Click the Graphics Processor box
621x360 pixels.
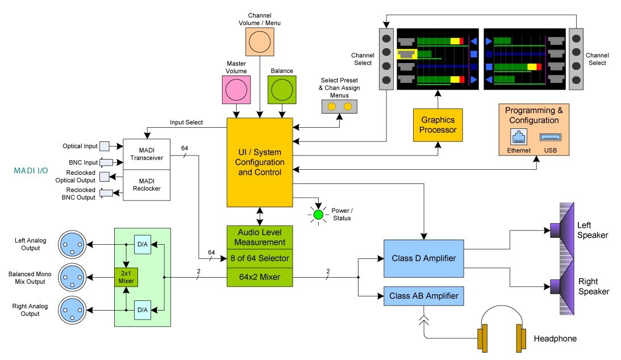pos(437,125)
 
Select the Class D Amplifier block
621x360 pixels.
pos(424,258)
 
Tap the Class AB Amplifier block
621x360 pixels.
pos(424,296)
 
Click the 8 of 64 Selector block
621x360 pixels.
pos(260,258)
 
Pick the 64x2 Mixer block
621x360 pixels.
pos(260,277)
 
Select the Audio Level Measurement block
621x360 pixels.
pos(260,237)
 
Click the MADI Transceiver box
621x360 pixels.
pos(147,154)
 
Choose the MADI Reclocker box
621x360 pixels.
pos(147,185)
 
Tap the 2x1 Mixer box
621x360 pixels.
pos(126,277)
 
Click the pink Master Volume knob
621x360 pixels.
pos(236,90)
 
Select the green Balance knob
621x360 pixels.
pos(282,90)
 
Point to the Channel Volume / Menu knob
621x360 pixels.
pos(260,41)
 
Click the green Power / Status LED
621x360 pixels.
pos(318,215)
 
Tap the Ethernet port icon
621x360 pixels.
pos(519,137)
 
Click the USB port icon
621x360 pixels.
pos(551,137)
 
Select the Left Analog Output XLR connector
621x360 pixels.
pos(72,245)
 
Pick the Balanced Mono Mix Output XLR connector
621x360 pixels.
pos(72,277)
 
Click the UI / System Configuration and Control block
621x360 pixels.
pos(260,162)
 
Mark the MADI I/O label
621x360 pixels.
pos(31,170)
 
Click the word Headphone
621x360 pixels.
pos(555,338)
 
